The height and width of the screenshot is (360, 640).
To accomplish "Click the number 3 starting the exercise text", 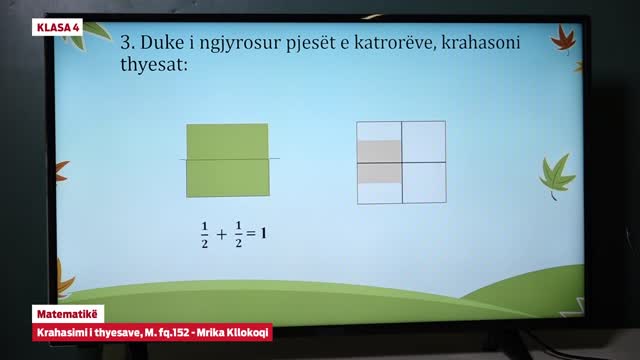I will point(127,44).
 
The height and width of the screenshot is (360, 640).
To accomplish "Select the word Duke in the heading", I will point(164,44).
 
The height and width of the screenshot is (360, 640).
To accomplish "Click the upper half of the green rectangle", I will point(227,141).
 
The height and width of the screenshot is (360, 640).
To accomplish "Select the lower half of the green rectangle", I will point(227,177).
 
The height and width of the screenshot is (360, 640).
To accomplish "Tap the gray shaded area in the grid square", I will point(379,162).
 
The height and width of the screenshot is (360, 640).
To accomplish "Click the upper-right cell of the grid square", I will point(423,141).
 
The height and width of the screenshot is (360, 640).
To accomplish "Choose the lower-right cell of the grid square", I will point(423,183).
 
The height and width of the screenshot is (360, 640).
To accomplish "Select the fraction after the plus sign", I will point(238,235).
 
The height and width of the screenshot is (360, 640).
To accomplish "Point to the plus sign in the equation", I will point(221,236).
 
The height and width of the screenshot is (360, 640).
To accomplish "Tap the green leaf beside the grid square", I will point(555,176).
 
